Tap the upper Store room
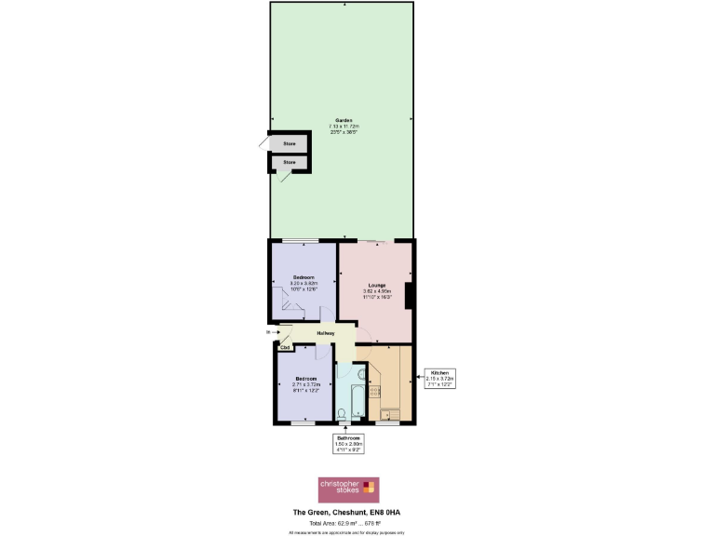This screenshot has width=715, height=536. (x=289, y=144)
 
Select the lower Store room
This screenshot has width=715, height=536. (x=289, y=163)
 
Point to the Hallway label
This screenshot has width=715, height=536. (x=326, y=333)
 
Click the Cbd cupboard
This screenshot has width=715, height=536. (x=286, y=348)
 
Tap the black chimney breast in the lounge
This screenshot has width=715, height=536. (x=410, y=296)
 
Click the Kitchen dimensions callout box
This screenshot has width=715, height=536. (x=438, y=378)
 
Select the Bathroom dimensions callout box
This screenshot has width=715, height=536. (x=348, y=444)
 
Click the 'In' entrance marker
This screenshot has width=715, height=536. (x=268, y=331)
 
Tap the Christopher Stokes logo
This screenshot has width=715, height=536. (x=347, y=489)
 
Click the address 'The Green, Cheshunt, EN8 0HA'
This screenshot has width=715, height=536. (x=346, y=513)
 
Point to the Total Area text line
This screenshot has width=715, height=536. (x=346, y=522)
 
